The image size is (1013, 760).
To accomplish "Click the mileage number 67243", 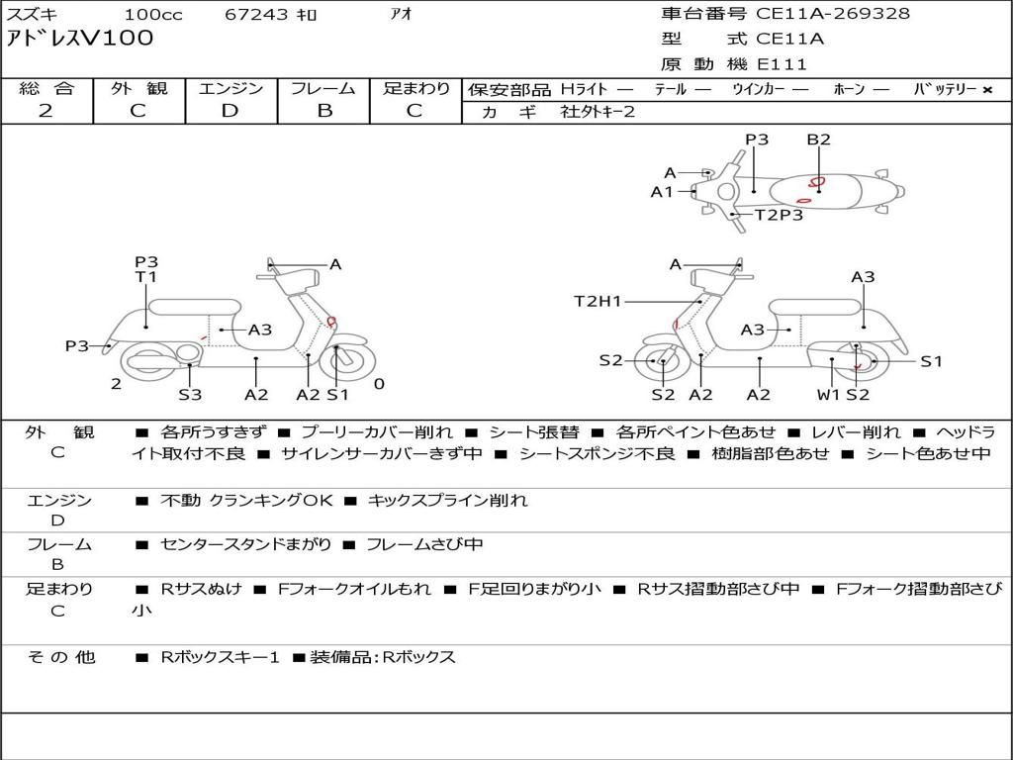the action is point(256,14).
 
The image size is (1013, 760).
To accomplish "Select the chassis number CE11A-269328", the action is point(833,13).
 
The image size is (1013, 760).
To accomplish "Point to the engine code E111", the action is point(782,64).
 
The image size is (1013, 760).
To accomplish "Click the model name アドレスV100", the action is point(80,39).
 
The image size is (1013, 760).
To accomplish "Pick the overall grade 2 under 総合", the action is point(46,110).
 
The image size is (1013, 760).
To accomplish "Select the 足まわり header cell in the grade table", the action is point(416,88).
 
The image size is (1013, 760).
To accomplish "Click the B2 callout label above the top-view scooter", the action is point(818,140).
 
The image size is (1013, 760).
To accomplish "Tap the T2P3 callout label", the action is point(779,215).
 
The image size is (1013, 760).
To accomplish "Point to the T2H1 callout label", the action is point(598,301).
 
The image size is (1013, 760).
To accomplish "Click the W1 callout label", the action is point(828,395).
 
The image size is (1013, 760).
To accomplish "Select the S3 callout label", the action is point(190,395).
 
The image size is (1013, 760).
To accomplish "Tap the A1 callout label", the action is point(662,192).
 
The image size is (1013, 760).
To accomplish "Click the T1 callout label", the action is point(146,277).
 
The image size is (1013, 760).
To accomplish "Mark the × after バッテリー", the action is point(986,89).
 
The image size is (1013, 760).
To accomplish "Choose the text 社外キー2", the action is point(598,112).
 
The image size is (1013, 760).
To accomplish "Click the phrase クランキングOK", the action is point(271,501).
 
